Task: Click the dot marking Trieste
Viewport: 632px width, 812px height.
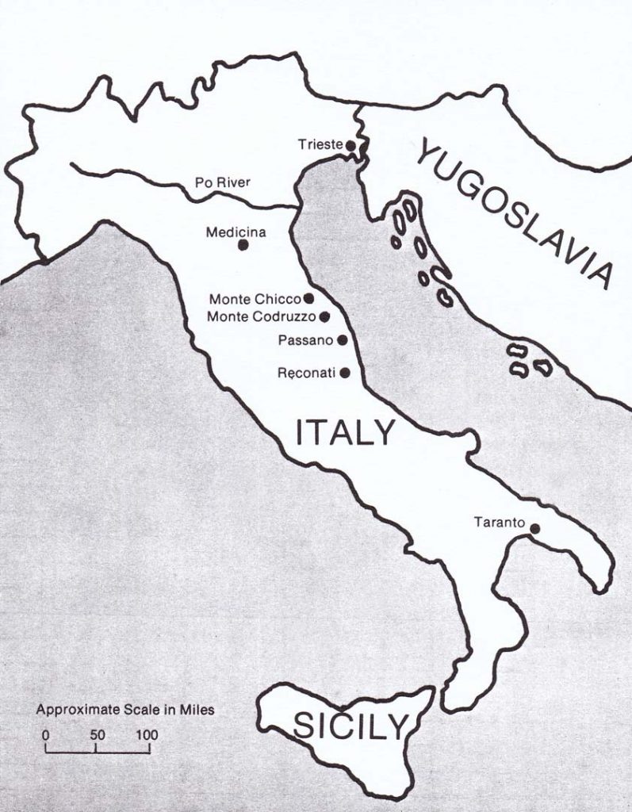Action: coord(350,144)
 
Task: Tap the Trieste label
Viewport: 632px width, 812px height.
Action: coord(320,144)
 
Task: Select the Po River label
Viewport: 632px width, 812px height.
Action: coord(222,182)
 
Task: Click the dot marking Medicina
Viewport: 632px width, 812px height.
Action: coord(243,245)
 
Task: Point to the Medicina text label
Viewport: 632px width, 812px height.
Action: coord(236,232)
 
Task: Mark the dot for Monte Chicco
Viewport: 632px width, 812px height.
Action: coord(308,299)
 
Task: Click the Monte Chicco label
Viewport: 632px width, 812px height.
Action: coord(255,300)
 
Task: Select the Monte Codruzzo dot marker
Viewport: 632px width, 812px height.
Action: coord(324,316)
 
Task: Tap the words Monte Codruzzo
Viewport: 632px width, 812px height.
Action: coord(262,317)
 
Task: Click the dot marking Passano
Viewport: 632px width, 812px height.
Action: coord(342,340)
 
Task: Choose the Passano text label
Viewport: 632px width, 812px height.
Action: coord(306,340)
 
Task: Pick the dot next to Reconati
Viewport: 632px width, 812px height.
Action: coord(344,372)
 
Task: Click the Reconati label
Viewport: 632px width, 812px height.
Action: coord(307,373)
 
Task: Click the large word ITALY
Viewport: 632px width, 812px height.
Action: coord(344,434)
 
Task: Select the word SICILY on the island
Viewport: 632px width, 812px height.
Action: coord(350,725)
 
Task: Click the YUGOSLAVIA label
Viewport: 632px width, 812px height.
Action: coord(515,211)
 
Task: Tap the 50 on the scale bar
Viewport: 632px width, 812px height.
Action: coord(97,735)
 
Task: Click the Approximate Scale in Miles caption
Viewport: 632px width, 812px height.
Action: coord(124,710)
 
